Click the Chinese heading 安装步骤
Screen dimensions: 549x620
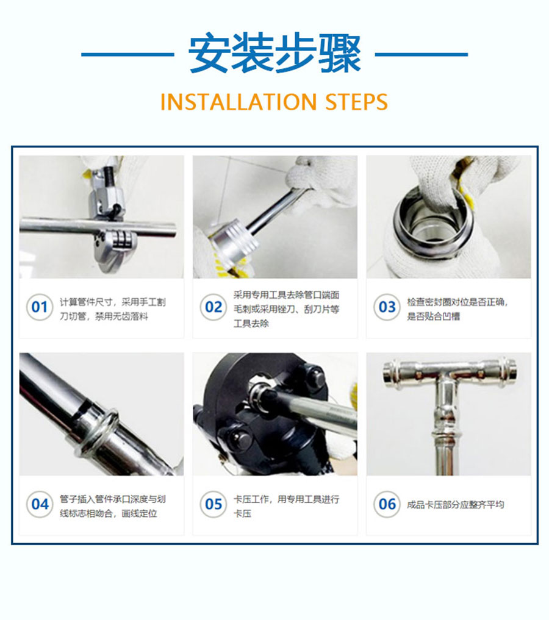tap(274, 54)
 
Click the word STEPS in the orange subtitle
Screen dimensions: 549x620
tap(356, 102)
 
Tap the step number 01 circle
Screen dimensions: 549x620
tap(40, 307)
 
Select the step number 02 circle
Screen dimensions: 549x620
tap(213, 307)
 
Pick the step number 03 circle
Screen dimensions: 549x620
tap(387, 307)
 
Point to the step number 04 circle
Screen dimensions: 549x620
tap(40, 504)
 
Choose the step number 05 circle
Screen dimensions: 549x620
tap(213, 504)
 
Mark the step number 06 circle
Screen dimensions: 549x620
tap(387, 504)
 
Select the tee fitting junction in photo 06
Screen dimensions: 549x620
tap(448, 380)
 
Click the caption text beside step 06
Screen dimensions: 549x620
tap(455, 505)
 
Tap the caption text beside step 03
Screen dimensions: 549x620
tap(457, 309)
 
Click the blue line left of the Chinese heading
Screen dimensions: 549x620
tap(127, 54)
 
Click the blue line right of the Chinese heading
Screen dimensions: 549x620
tap(422, 54)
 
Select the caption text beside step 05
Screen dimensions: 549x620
tap(286, 507)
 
